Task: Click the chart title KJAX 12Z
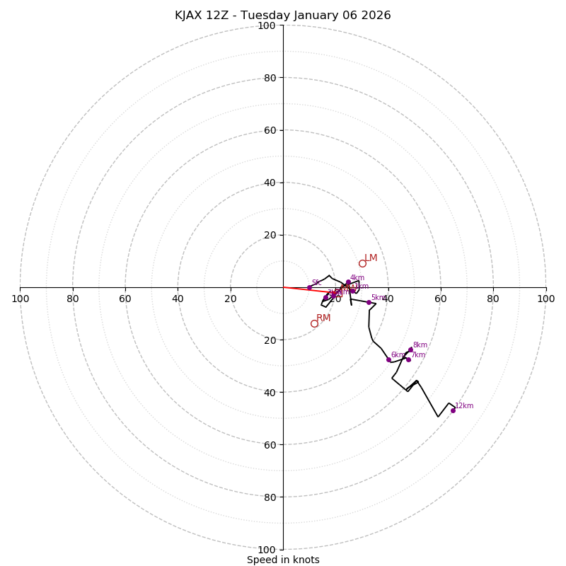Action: click(x=283, y=16)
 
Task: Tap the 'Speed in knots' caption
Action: click(x=283, y=560)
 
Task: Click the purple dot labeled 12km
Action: click(x=453, y=410)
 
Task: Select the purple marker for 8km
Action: click(x=410, y=350)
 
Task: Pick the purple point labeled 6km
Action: click(x=388, y=359)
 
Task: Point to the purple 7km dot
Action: click(x=408, y=359)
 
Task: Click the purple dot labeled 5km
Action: click(x=369, y=302)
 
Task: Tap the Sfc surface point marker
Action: click(x=309, y=287)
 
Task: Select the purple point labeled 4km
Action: click(x=348, y=282)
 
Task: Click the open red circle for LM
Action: click(x=362, y=264)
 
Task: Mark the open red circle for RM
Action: click(x=314, y=323)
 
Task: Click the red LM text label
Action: click(x=371, y=258)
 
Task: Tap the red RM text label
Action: click(x=323, y=318)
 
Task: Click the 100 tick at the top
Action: click(x=267, y=25)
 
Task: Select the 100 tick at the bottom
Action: click(x=267, y=549)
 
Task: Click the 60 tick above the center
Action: click(x=270, y=130)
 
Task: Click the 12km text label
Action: click(x=464, y=406)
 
